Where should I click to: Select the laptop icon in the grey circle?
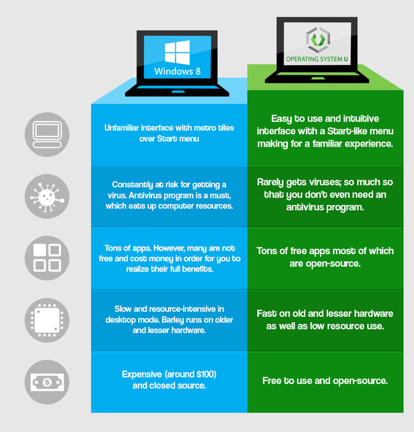47,135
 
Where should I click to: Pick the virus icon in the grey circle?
47,197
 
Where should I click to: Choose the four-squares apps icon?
47,258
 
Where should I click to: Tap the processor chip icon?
47,320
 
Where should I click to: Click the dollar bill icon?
47,382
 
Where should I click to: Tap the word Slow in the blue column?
125,309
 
